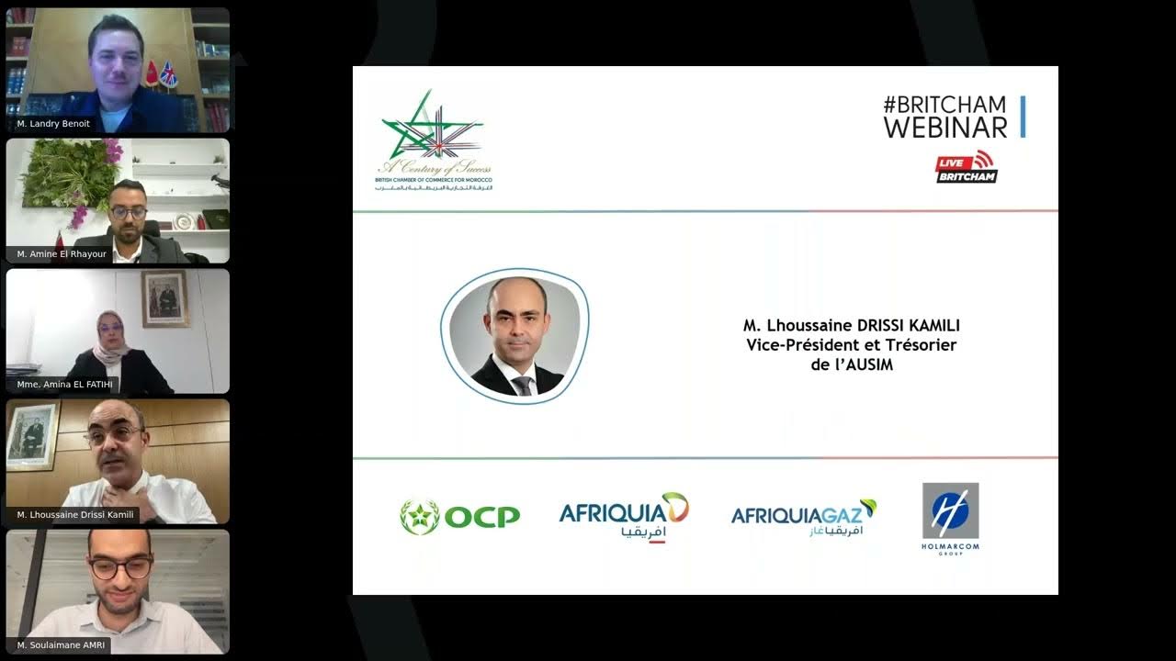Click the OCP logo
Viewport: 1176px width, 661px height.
459,517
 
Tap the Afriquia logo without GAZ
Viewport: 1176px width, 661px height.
624,517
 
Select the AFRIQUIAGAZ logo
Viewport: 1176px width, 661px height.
803,518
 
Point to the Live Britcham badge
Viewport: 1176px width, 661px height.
966,167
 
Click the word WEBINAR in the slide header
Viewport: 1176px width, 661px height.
944,127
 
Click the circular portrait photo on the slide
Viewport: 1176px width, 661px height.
514,337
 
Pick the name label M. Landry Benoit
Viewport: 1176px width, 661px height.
53,123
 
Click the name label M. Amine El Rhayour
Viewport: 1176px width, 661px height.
62,253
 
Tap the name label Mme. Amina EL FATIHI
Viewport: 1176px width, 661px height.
64,384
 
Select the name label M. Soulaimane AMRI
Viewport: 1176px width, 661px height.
61,645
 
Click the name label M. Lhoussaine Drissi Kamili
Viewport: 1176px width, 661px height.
75,514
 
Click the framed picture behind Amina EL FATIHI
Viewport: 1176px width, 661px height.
164,298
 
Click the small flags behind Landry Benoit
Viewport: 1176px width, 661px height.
162,74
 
